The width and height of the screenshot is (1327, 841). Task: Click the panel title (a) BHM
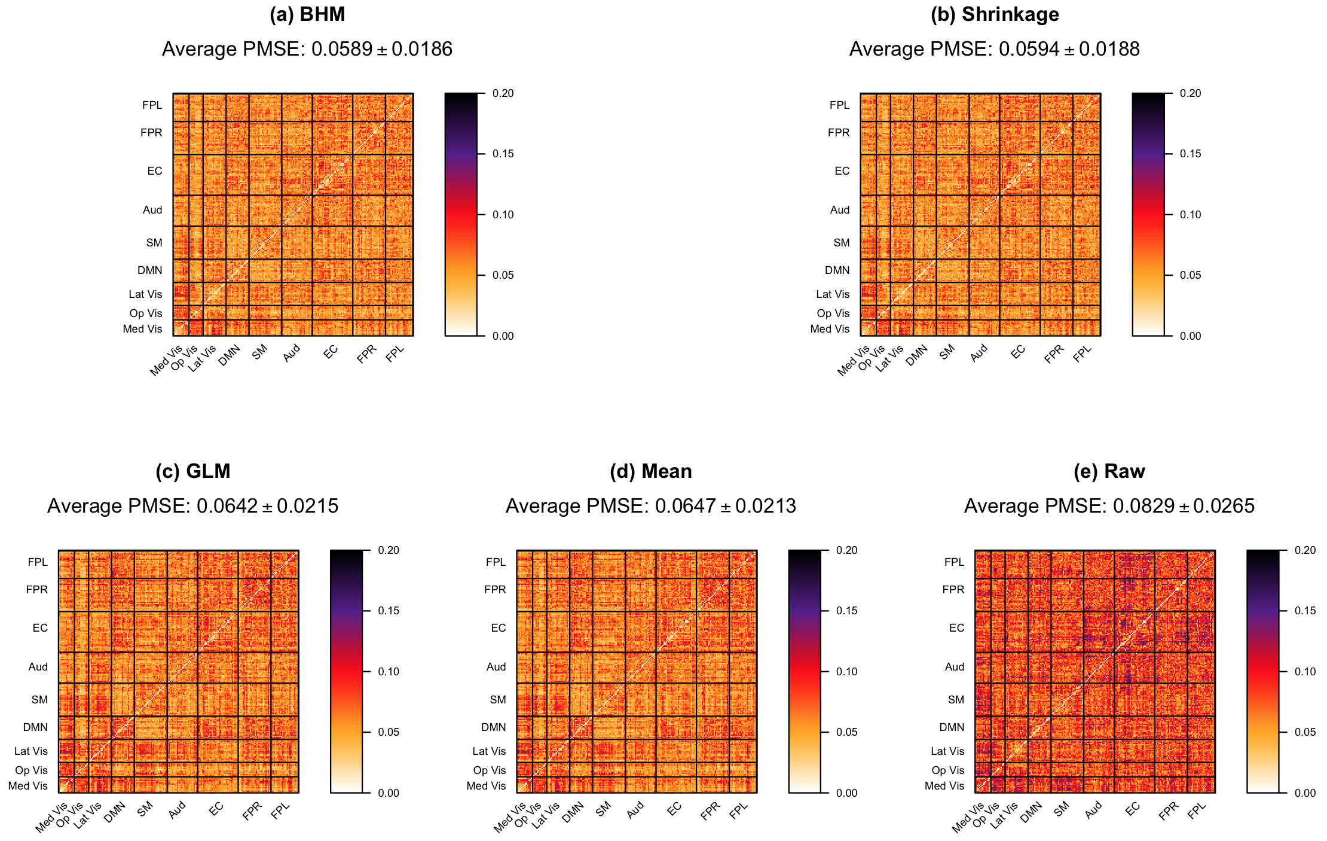pos(307,14)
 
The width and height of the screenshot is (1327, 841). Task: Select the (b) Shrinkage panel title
pos(995,14)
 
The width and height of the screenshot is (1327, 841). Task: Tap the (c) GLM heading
pos(192,471)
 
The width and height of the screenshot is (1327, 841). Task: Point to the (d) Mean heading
pos(650,471)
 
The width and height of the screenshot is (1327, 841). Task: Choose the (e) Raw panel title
pos(1109,471)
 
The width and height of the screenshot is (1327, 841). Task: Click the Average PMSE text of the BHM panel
pos(307,49)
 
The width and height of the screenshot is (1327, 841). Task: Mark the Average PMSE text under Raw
pos(1109,506)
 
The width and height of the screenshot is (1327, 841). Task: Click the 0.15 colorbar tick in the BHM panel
pos(503,154)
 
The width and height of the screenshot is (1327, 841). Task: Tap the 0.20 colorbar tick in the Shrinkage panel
pos(1190,93)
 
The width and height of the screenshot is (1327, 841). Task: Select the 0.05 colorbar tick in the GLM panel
pos(389,732)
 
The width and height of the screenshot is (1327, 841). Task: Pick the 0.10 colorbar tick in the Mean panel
pos(846,672)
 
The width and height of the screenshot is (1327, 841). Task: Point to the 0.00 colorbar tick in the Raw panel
pos(1305,793)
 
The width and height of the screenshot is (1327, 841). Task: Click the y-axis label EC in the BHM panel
pos(155,171)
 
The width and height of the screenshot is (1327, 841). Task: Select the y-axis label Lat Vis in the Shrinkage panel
pos(833,294)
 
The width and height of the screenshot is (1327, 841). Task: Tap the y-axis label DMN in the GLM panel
pos(35,727)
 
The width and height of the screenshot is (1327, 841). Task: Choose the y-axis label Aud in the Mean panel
pos(496,667)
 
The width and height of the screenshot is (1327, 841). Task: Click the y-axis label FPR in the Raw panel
pos(953,590)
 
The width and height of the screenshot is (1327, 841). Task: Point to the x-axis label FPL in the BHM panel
pos(396,354)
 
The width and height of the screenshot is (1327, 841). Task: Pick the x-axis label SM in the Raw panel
pos(1061,809)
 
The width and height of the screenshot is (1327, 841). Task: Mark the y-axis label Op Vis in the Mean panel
pos(490,770)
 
